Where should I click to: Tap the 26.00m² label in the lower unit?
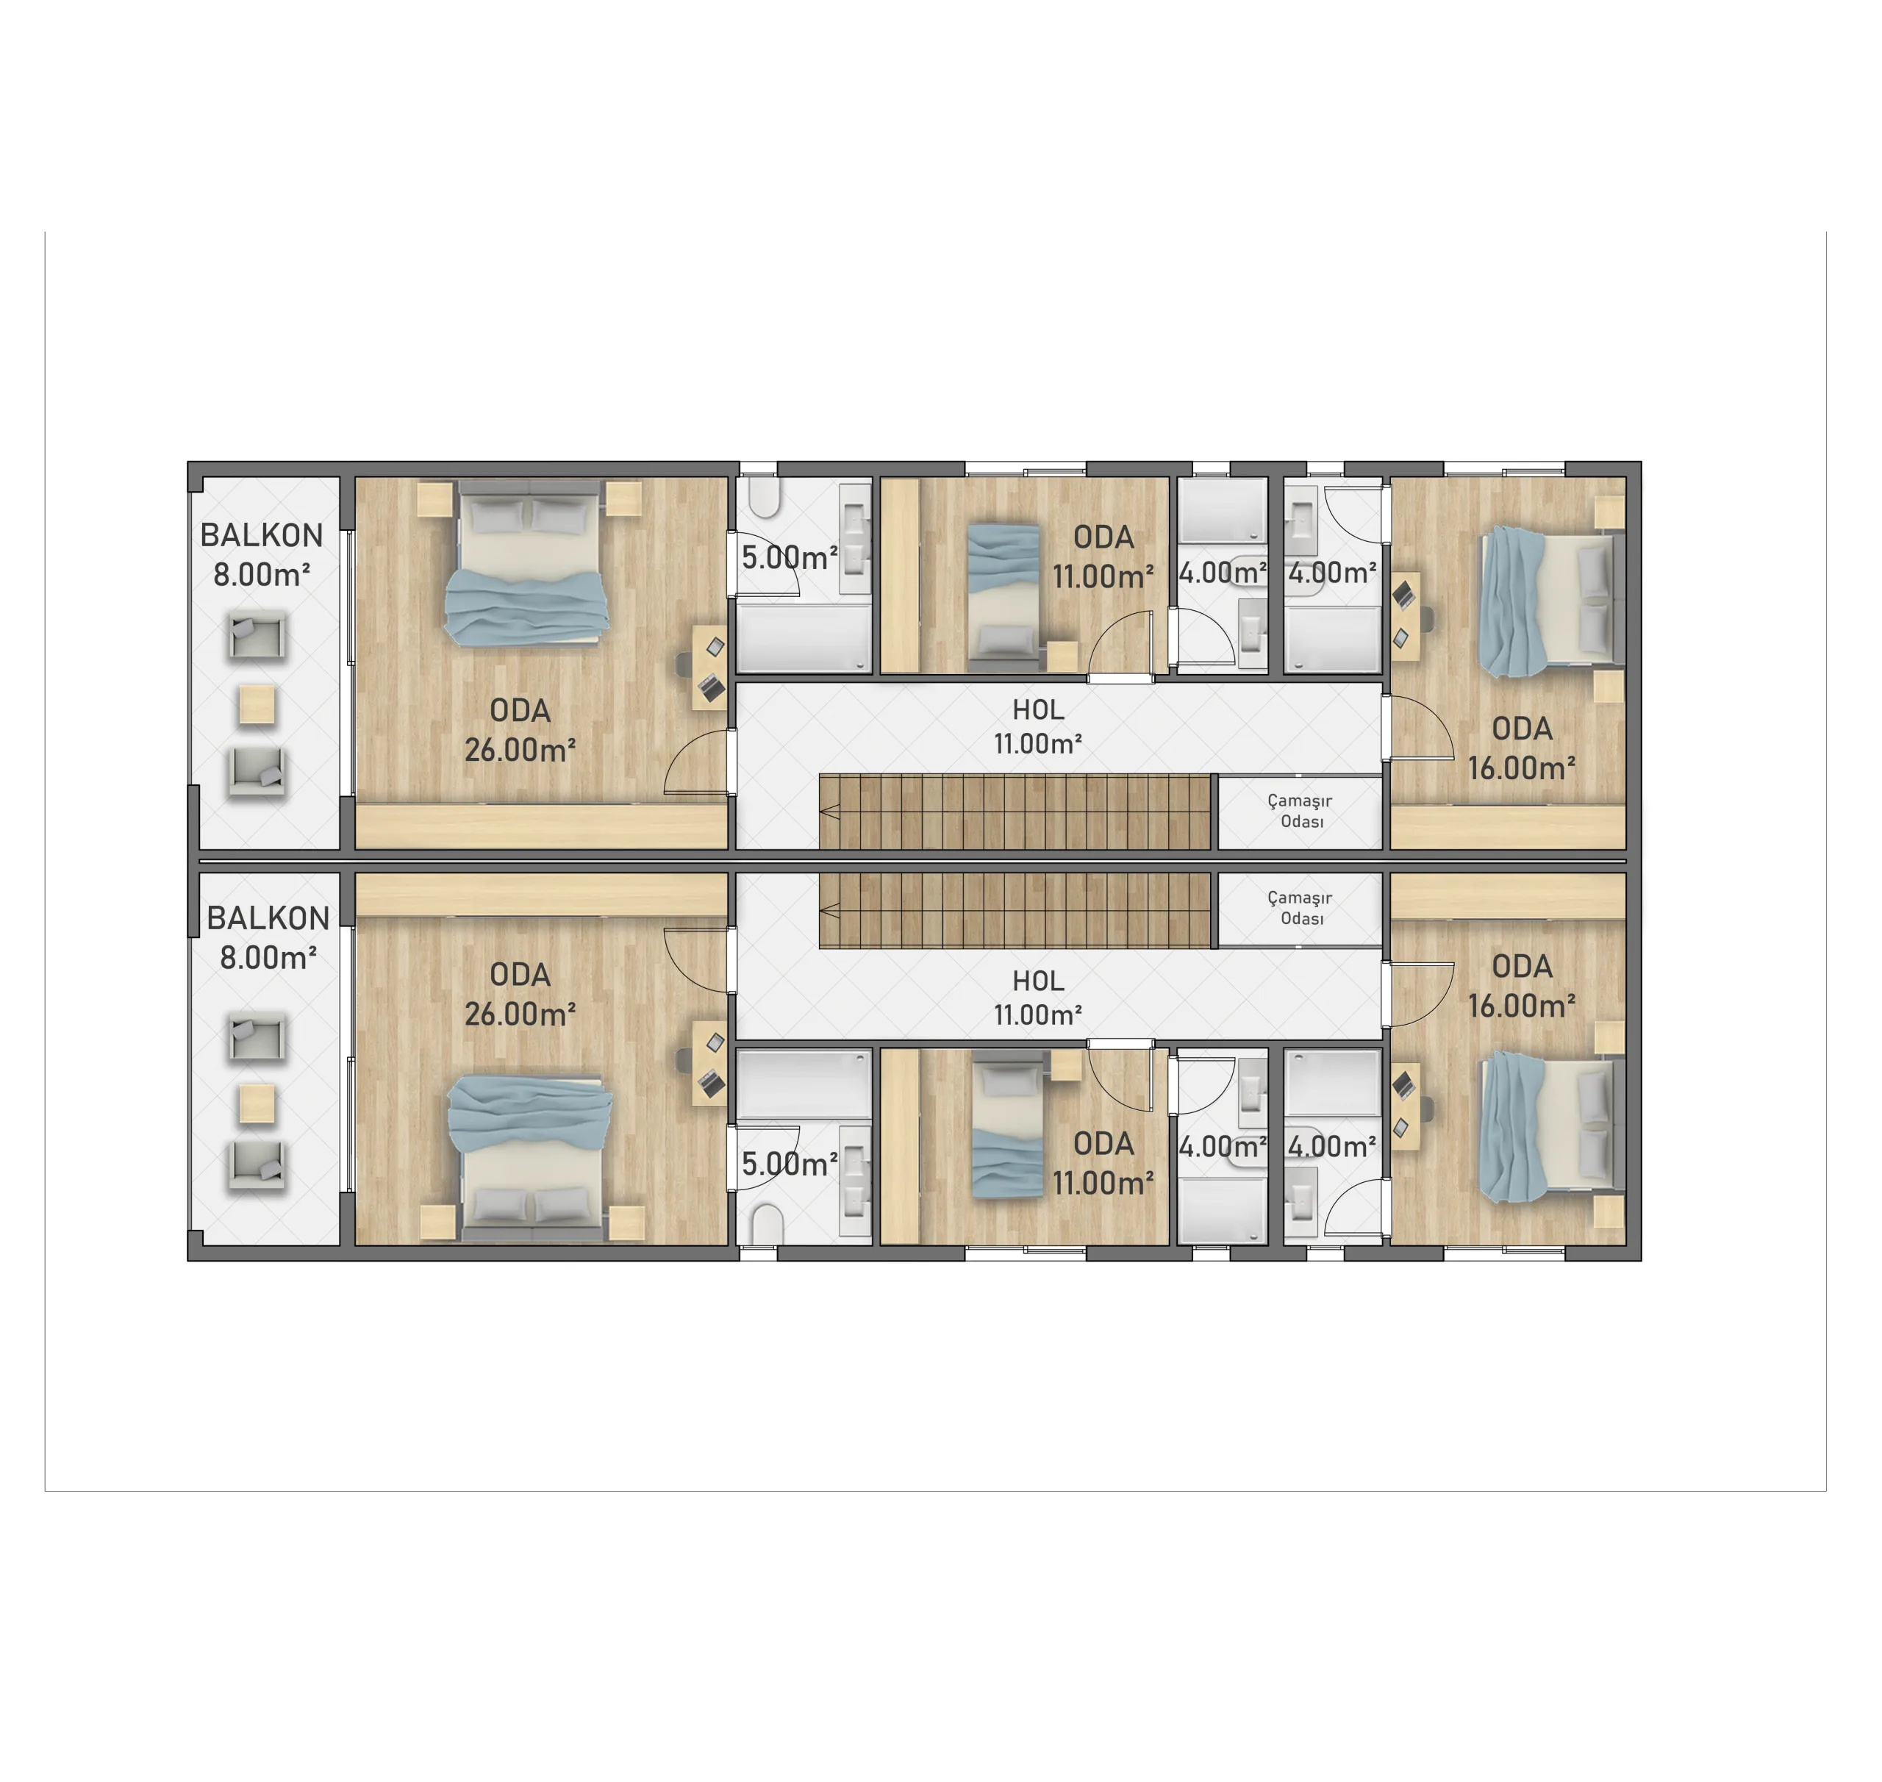pyautogui.click(x=520, y=1015)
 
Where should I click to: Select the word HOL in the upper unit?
pyautogui.click(x=1037, y=709)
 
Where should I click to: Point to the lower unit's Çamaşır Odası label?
pyautogui.click(x=1300, y=907)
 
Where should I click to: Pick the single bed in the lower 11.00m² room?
pyautogui.click(x=1008, y=1131)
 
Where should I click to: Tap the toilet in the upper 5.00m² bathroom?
pyautogui.click(x=764, y=497)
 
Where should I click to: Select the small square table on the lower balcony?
pyautogui.click(x=257, y=1103)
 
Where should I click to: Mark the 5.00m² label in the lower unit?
pyautogui.click(x=790, y=1164)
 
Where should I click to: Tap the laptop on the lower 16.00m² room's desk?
pyautogui.click(x=1402, y=1083)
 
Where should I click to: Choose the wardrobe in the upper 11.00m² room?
pyautogui.click(x=900, y=576)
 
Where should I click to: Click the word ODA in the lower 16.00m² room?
pyautogui.click(x=1521, y=966)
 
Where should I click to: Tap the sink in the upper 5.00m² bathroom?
pyautogui.click(x=854, y=539)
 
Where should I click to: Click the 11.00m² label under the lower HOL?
pyautogui.click(x=1037, y=1015)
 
